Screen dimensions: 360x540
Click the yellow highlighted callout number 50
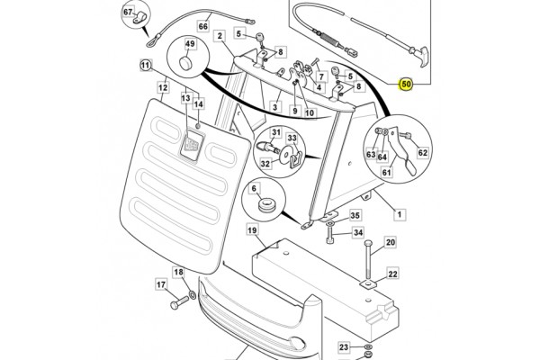point(407,85)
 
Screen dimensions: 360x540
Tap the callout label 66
point(202,27)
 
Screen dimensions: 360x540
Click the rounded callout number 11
point(146,65)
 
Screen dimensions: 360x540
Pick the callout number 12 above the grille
point(164,87)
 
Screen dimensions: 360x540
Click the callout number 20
point(391,242)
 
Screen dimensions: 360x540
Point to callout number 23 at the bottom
point(344,346)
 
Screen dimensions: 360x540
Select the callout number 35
point(355,216)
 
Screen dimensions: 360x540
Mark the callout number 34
point(357,233)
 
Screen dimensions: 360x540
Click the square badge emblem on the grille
point(193,148)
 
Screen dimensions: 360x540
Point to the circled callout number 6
point(255,190)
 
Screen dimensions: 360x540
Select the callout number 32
point(265,164)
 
